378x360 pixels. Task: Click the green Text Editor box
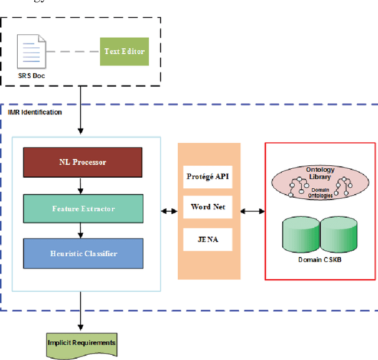pyautogui.click(x=124, y=51)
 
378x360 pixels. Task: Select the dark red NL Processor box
pyautogui.click(x=83, y=162)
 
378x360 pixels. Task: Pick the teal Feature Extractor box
pyautogui.click(x=83, y=208)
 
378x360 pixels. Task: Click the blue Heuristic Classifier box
pyautogui.click(x=83, y=254)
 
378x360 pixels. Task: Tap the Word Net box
pyautogui.click(x=208, y=207)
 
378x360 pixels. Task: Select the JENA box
pyautogui.click(x=208, y=240)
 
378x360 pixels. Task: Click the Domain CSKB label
pyautogui.click(x=320, y=260)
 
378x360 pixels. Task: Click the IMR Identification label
pyautogui.click(x=35, y=112)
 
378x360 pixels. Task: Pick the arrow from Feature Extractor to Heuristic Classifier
pyautogui.click(x=80, y=231)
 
